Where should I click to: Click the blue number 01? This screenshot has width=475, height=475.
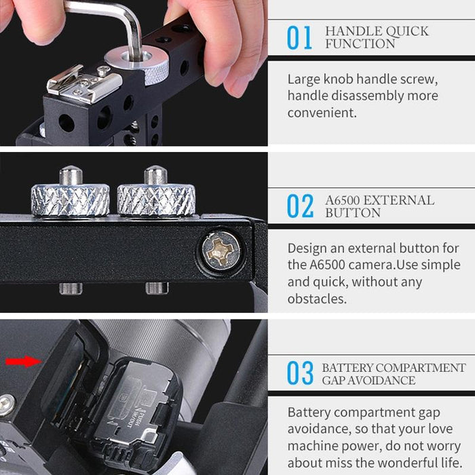tap(299, 38)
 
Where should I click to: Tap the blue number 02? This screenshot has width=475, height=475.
tap(300, 206)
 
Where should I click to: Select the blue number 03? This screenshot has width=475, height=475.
tap(299, 374)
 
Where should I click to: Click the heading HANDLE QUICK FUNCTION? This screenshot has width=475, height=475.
tap(377, 37)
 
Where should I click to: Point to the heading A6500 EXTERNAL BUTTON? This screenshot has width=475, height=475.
tap(379, 206)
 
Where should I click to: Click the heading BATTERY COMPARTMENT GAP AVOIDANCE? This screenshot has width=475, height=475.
tap(394, 374)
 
